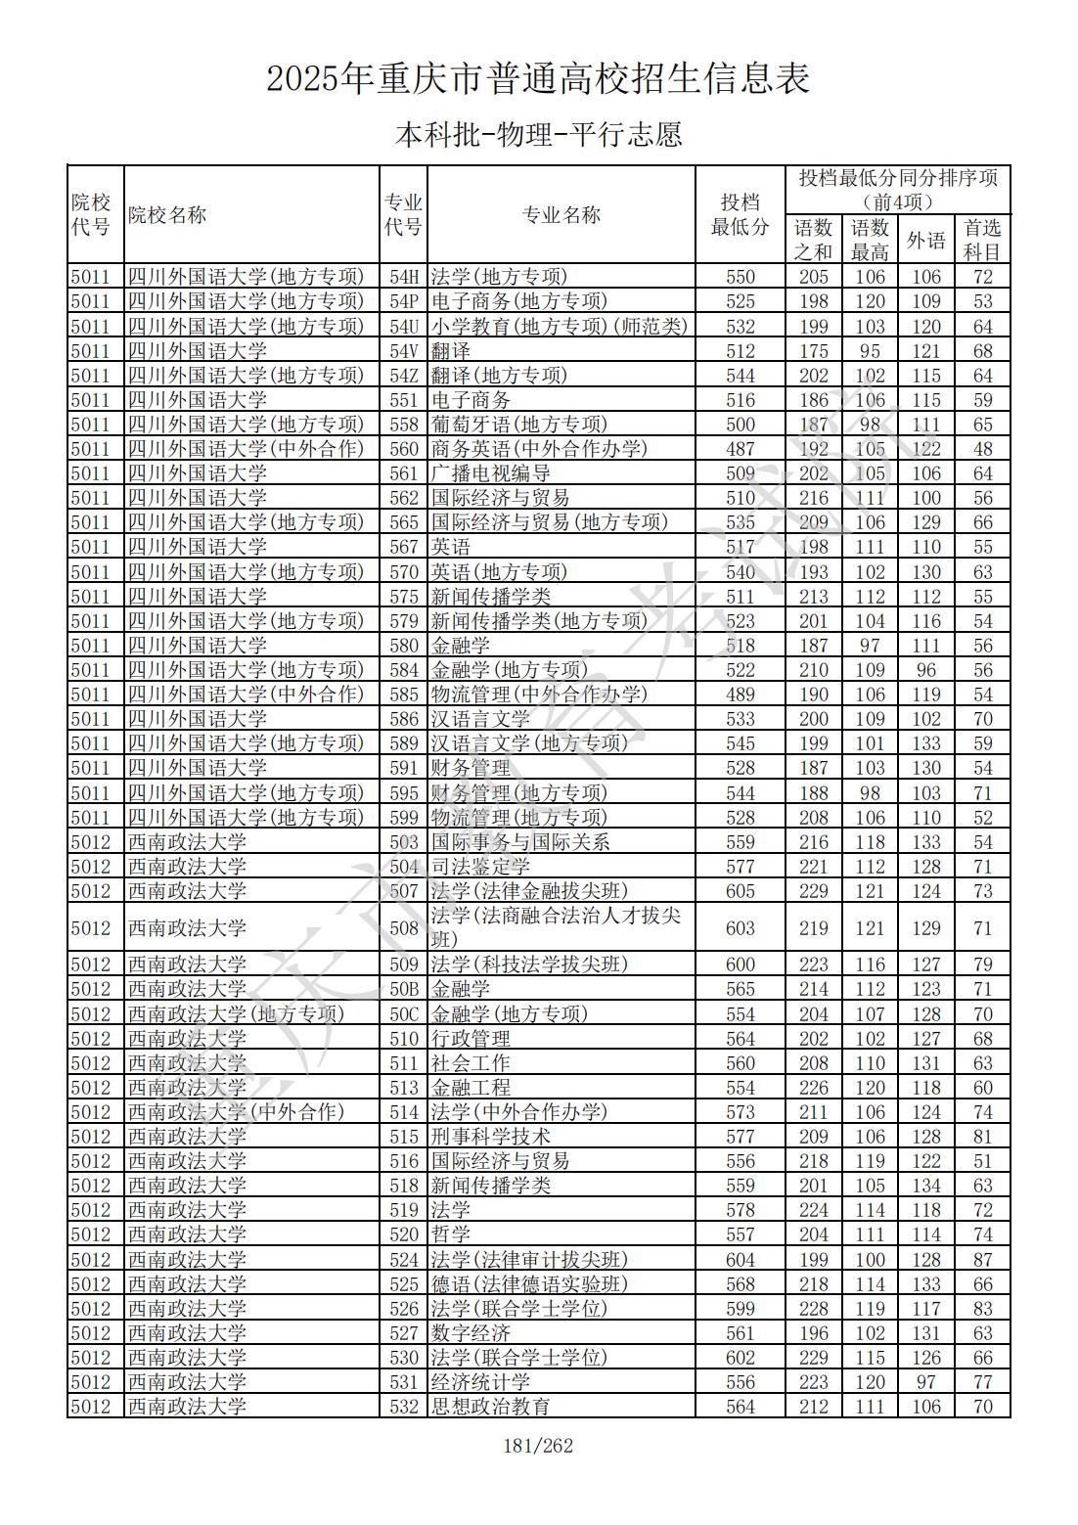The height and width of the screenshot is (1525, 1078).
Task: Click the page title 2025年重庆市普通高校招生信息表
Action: [x=538, y=78]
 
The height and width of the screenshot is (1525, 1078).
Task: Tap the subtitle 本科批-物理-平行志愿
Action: [x=538, y=134]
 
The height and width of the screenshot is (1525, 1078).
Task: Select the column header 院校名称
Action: [x=167, y=215]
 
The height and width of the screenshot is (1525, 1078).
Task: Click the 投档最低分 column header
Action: [x=740, y=215]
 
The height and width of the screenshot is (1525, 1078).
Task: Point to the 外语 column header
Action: [x=925, y=240]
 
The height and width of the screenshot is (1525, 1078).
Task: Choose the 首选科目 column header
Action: [x=982, y=240]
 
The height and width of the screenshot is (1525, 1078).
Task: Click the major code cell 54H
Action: [x=403, y=277]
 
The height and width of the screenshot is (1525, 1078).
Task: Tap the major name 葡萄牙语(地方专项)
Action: [x=518, y=425]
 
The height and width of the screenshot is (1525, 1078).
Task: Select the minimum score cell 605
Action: [x=740, y=891]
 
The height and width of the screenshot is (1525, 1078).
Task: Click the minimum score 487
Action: [x=740, y=449]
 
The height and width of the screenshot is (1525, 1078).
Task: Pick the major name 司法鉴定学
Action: [x=480, y=867]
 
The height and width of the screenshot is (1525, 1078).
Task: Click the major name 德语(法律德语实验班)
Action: [x=528, y=1284]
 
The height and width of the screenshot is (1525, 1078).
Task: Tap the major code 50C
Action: [x=403, y=1014]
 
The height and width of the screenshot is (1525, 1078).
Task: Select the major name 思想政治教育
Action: [x=490, y=1407]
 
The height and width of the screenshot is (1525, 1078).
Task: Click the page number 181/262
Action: [x=537, y=1446]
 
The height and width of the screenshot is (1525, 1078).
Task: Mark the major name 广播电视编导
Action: [x=490, y=473]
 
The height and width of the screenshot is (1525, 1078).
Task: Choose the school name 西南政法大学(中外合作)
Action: [x=236, y=1112]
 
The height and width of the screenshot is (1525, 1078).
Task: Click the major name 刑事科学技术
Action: [x=490, y=1137]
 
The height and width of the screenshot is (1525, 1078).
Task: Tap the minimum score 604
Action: [x=740, y=1260]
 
